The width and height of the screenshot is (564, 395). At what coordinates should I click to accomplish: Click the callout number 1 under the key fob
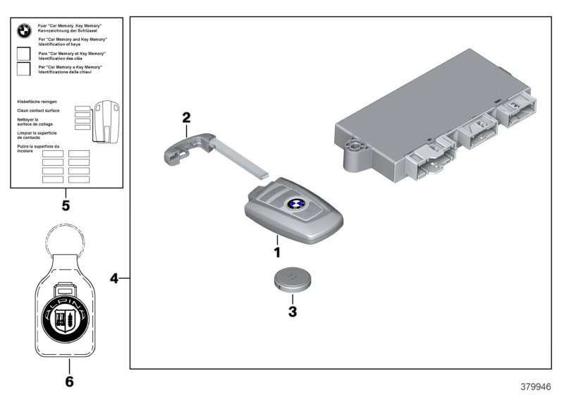[x=277, y=251]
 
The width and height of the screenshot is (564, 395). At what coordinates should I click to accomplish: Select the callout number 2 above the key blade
[x=186, y=117]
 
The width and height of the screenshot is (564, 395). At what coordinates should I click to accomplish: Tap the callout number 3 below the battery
[x=292, y=310]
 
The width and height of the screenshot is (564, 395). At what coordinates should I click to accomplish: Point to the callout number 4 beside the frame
[x=114, y=278]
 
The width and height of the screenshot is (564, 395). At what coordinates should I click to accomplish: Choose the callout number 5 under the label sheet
[x=66, y=207]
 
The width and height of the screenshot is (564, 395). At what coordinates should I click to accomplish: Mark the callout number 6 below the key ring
[x=69, y=382]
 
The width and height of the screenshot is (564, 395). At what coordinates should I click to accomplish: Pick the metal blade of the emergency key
[x=244, y=158]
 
